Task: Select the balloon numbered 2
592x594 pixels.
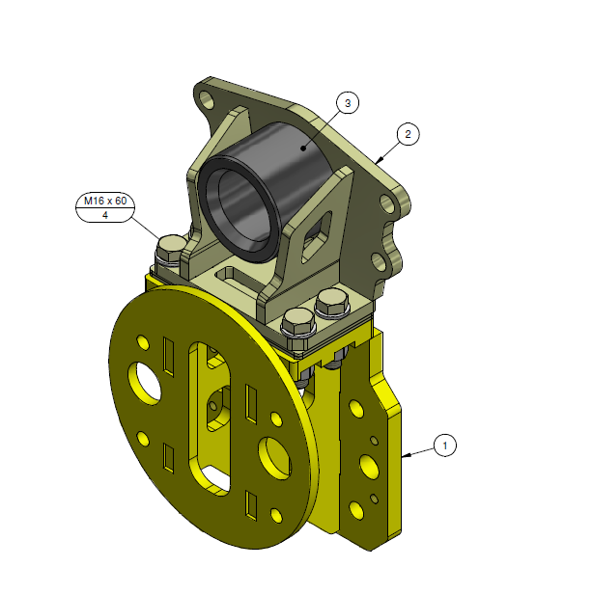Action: point(408,134)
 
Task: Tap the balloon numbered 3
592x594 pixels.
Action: point(348,101)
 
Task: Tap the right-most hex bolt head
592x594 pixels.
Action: point(331,303)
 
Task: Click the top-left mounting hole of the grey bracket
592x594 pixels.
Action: point(205,97)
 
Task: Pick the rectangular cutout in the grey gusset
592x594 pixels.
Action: point(314,234)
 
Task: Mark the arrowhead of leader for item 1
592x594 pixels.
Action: point(406,452)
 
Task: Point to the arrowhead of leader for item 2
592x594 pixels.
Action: point(379,159)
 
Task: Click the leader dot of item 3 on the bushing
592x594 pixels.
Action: point(302,148)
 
